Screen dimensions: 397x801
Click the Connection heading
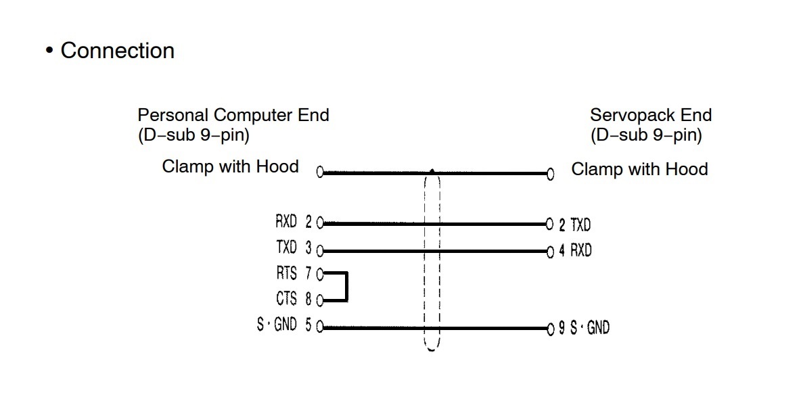117,51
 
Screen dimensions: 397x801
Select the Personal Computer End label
233,115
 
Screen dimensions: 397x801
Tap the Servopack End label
650,115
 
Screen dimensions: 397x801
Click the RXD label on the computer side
286,222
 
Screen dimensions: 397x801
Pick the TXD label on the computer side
286,248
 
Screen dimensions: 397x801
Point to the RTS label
286,274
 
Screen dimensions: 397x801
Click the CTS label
286,299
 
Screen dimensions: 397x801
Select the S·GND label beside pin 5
277,325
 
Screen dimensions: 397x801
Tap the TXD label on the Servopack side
580,225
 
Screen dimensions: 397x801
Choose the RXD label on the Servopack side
580,251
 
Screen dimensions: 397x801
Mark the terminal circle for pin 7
320,274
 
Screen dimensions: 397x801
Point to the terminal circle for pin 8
320,300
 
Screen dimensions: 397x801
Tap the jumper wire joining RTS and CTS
346,287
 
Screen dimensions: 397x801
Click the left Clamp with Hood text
230,166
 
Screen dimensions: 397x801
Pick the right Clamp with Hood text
639,169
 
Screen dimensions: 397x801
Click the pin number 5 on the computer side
308,325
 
